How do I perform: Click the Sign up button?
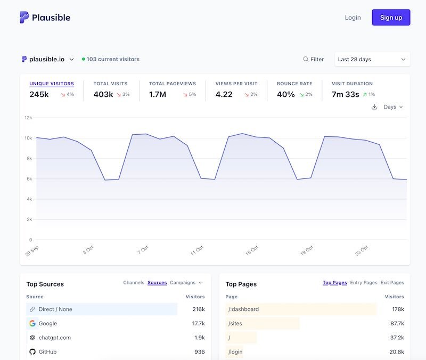tap(391, 18)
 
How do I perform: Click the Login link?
tap(353, 18)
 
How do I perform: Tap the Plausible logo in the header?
tap(45, 18)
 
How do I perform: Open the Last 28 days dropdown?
tap(372, 59)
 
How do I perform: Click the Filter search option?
tap(313, 59)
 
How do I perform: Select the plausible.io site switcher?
tap(48, 59)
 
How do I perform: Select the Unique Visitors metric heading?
tap(52, 84)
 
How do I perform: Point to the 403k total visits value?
tap(103, 94)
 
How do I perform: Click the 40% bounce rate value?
tap(285, 94)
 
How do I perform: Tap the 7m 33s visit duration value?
tap(345, 94)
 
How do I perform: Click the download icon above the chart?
tap(374, 107)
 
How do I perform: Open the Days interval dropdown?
tap(393, 107)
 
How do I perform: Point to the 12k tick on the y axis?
tap(28, 118)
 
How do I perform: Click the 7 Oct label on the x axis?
tap(142, 250)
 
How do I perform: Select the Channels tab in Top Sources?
tap(134, 283)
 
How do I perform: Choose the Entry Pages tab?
tap(363, 283)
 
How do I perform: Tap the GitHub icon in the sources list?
tap(32, 352)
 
